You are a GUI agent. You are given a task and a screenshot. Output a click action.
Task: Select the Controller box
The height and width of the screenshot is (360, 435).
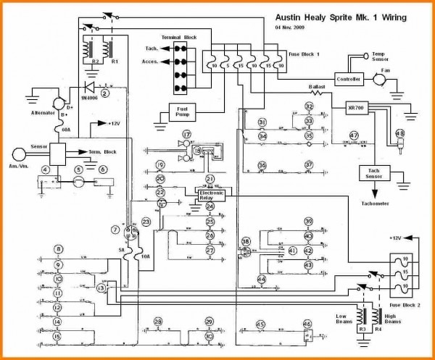[348, 79]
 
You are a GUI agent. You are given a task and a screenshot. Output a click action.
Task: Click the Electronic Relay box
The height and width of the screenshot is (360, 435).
[210, 194]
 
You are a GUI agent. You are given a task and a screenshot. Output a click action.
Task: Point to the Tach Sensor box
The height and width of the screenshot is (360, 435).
[375, 172]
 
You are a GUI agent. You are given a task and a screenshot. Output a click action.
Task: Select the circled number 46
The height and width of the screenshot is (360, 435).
[307, 324]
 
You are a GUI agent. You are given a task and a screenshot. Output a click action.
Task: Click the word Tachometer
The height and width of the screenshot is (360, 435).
[376, 204]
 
